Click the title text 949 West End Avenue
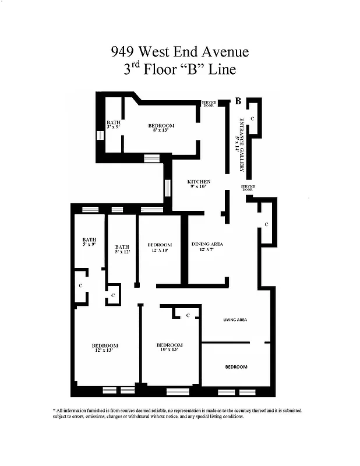(179, 52)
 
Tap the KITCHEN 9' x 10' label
(199, 184)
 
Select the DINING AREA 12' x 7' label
(207, 246)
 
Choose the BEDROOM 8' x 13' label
(161, 128)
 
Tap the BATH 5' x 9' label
(89, 242)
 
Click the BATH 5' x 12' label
(122, 249)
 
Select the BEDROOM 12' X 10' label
(159, 247)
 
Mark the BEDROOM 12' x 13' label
(105, 348)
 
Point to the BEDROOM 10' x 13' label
(171, 347)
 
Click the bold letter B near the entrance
(238, 101)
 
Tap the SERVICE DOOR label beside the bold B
(208, 104)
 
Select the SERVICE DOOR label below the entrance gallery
(248, 188)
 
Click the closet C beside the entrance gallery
(252, 118)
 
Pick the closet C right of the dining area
(266, 224)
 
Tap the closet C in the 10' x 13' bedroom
(188, 315)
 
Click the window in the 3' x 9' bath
(100, 136)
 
